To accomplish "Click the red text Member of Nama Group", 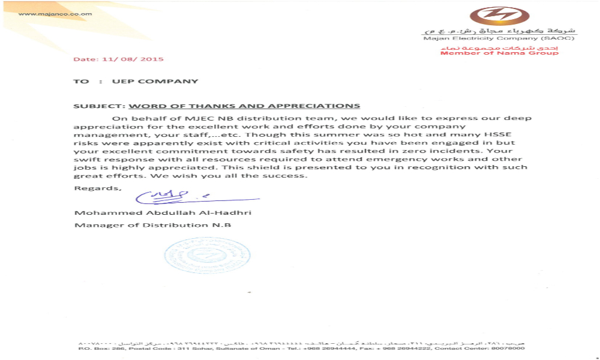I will click(x=499, y=53).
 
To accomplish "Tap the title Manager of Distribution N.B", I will click(x=152, y=225).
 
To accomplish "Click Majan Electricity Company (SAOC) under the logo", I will click(x=499, y=38).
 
